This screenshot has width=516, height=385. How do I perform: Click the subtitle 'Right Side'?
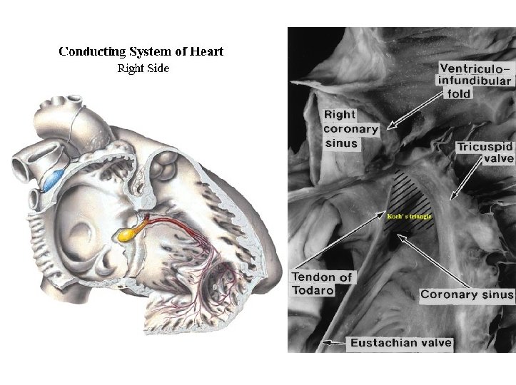(142, 68)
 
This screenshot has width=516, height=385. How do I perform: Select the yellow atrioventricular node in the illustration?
(126, 233)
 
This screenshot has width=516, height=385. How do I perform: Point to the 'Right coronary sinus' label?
(340, 128)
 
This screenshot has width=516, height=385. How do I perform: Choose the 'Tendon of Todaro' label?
(322, 284)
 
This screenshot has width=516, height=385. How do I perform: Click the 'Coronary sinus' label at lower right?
(467, 294)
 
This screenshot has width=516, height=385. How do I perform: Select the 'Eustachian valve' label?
(401, 343)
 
